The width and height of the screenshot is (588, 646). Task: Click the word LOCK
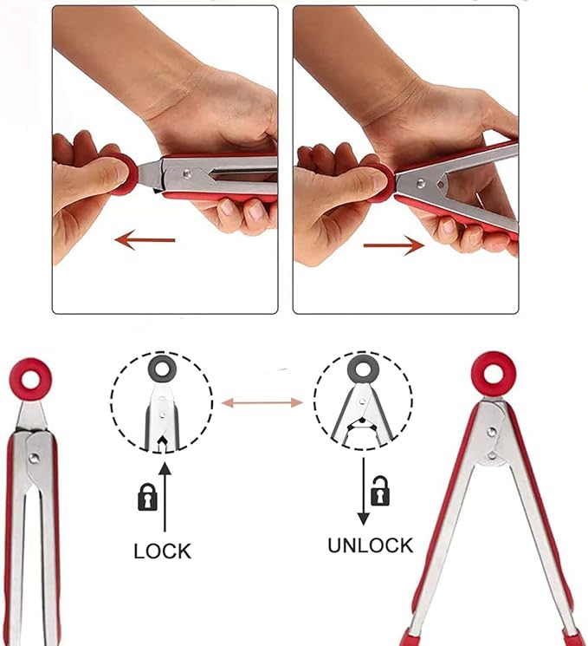(163, 551)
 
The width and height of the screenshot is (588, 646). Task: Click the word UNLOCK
(371, 545)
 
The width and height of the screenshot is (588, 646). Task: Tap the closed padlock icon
(147, 497)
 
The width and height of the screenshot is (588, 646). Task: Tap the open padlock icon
(380, 491)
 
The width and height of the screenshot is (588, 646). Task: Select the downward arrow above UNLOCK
(363, 491)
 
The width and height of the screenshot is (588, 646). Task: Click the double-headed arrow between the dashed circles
(262, 402)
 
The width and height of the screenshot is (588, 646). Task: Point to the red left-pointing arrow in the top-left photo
(145, 240)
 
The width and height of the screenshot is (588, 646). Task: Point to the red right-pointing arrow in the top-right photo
(394, 245)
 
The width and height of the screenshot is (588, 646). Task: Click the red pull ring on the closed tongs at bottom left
(30, 365)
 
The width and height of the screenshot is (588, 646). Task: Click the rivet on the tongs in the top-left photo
(188, 174)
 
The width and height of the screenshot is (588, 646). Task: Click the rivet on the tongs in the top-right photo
(421, 183)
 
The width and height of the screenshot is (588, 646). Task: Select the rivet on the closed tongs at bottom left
(34, 458)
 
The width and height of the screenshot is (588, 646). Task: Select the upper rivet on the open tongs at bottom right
(491, 432)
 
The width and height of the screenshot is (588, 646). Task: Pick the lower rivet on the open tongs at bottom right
(492, 455)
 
